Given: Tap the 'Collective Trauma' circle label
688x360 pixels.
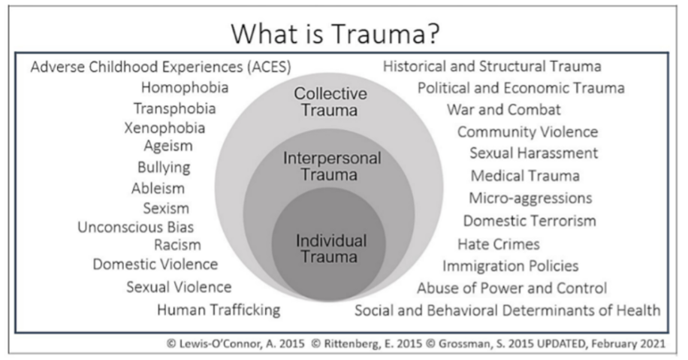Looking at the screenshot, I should (330, 103).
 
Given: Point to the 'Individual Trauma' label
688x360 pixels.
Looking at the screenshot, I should (331, 248).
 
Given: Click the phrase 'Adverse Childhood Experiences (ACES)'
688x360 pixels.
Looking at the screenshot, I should (161, 67).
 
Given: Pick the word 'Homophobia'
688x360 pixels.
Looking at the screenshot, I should (185, 88).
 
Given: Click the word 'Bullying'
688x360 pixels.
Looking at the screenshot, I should (164, 167).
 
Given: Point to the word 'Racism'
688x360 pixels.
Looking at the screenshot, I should (177, 245).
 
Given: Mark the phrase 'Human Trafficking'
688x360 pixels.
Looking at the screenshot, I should (219, 310).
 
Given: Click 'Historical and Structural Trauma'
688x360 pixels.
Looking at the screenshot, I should (492, 67).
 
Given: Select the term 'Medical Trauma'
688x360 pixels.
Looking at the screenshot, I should (525, 177).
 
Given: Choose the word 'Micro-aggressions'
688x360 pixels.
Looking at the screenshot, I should (530, 198).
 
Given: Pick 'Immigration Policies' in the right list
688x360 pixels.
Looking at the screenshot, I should (510, 266).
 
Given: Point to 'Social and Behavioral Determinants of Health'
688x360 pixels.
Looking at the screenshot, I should (508, 310).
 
